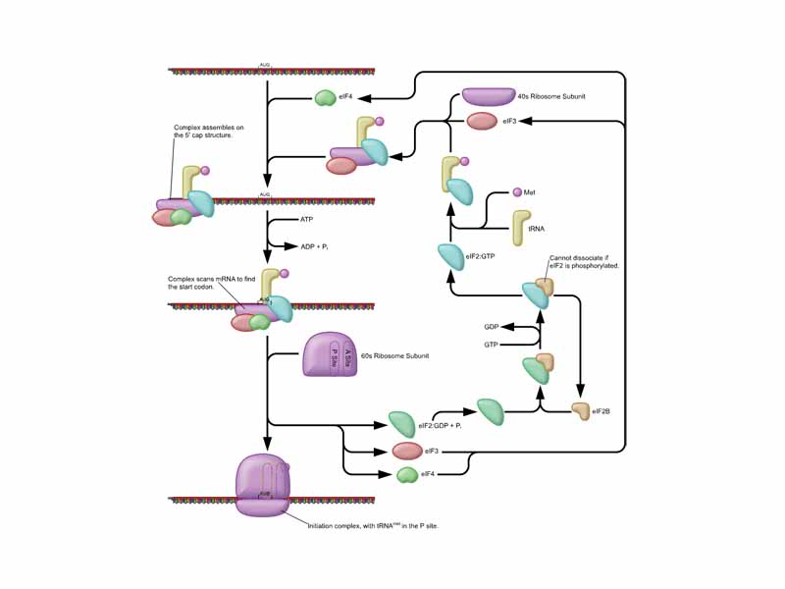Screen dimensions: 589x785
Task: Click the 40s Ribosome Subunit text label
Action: pyautogui.click(x=559, y=96)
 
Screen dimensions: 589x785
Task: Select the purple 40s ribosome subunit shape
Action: pyautogui.click(x=488, y=96)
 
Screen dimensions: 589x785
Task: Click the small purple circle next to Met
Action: pyautogui.click(x=516, y=192)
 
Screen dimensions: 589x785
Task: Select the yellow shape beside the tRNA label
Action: pyautogui.click(x=519, y=228)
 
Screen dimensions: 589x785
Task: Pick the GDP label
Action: pyautogui.click(x=492, y=326)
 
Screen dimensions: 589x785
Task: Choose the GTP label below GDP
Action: pyautogui.click(x=492, y=345)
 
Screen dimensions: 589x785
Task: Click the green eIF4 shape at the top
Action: pyautogui.click(x=325, y=98)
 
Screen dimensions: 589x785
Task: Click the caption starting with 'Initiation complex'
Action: pyautogui.click(x=373, y=526)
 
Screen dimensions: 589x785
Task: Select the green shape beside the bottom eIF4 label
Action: pyautogui.click(x=407, y=475)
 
